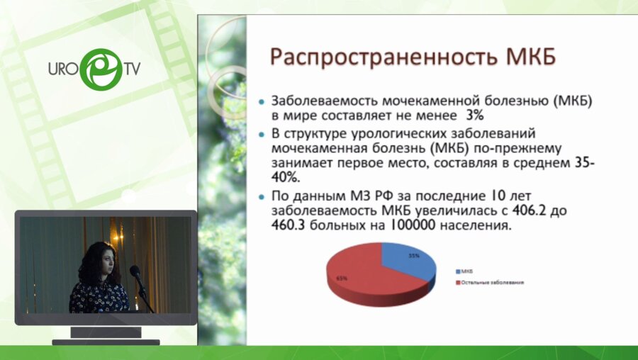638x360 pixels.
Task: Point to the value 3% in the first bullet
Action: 476,114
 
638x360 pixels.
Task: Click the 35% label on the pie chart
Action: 414,255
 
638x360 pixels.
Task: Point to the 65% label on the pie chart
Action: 342,278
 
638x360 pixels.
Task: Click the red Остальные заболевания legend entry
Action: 488,282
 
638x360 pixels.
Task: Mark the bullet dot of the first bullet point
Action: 264,102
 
